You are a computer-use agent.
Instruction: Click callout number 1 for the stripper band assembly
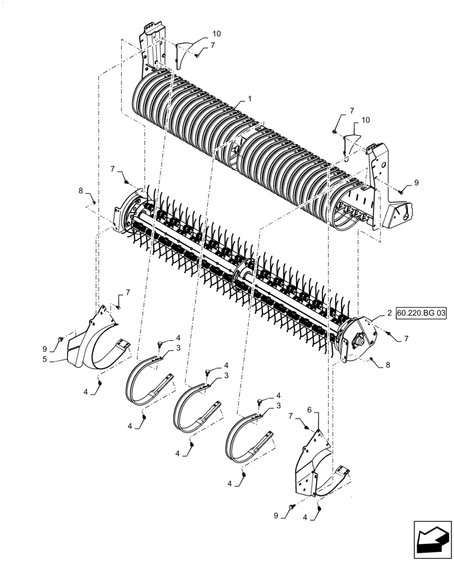tap(249, 99)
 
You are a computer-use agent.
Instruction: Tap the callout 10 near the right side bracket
tap(365, 120)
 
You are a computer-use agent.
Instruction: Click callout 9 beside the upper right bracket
tap(416, 183)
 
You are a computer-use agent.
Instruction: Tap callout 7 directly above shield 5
tap(128, 292)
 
